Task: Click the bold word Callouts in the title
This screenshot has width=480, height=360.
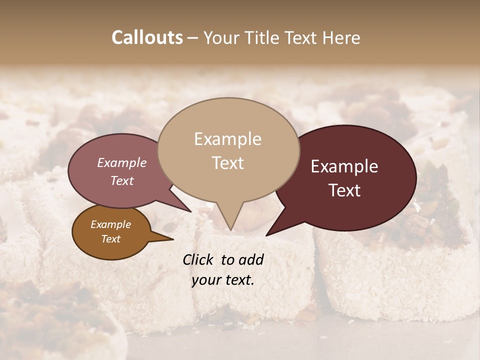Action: click(x=147, y=38)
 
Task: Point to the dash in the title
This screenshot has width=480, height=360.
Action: click(x=193, y=38)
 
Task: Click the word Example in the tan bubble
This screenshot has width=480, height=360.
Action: click(x=227, y=139)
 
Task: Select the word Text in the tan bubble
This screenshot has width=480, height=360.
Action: click(x=227, y=163)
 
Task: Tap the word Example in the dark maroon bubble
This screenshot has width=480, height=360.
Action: click(x=344, y=167)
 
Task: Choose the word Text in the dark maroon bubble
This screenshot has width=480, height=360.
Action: click(x=344, y=190)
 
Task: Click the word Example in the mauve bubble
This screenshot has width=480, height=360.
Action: click(x=122, y=163)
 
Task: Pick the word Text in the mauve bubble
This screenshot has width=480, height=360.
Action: click(x=122, y=181)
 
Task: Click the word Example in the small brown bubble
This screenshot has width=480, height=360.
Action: click(x=111, y=224)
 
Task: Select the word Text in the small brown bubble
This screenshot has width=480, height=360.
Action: click(x=111, y=239)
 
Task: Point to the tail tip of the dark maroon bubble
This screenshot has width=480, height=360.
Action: click(x=267, y=234)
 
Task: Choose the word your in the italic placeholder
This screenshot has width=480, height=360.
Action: click(x=205, y=280)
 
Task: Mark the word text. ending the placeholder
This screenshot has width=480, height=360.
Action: click(x=238, y=280)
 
